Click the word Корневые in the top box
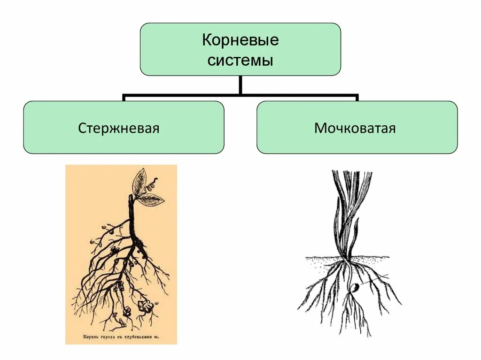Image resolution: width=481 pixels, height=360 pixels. pos(240,40)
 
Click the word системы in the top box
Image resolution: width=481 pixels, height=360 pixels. pos(240,61)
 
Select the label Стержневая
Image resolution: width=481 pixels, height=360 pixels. pos(119,128)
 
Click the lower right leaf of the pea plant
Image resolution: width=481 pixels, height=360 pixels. pos(150,200)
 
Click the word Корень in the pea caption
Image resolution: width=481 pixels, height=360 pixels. pos(91,336)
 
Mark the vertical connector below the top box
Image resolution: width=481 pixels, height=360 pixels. pos(240,84)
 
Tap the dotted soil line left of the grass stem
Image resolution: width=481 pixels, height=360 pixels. pos(324,258)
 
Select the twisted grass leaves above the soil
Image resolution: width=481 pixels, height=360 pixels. pos(350,211)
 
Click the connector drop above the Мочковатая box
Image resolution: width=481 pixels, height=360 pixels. pos(357,98)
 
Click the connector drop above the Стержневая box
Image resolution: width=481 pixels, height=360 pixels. pos(124,98)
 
